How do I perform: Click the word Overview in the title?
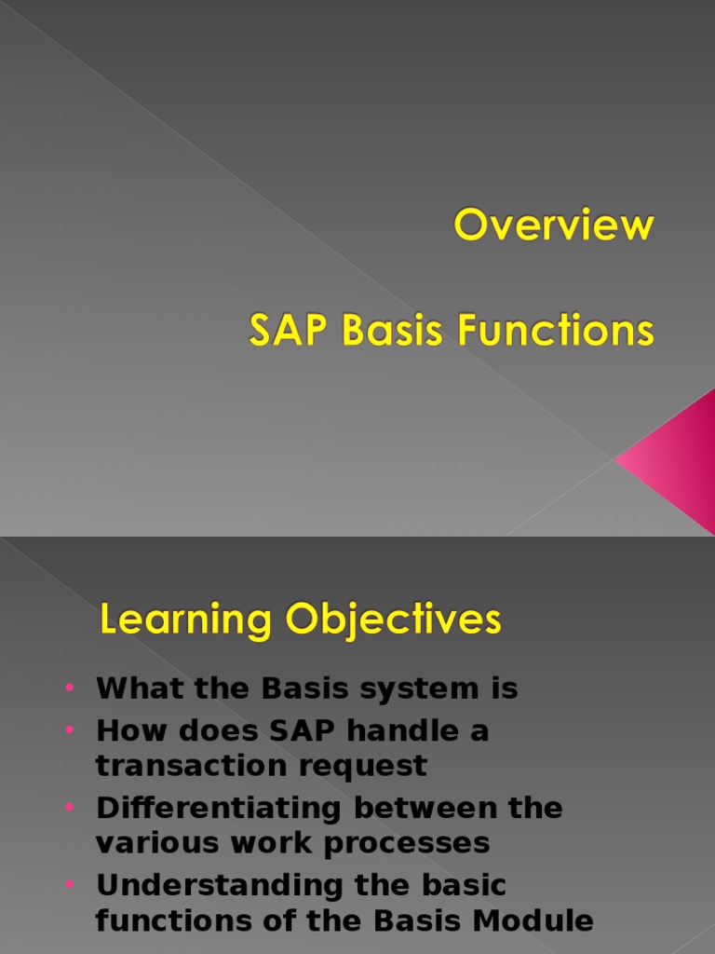click(554, 226)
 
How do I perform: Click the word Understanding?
click(218, 884)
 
